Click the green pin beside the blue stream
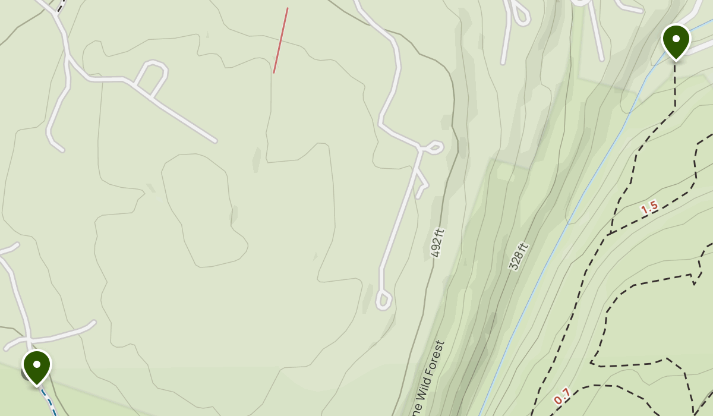point(676,40)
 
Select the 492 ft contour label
point(438,243)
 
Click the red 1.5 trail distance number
point(649,207)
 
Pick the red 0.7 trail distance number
point(562,395)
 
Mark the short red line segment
point(280,40)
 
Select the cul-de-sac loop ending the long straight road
point(383,301)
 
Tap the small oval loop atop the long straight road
point(434,147)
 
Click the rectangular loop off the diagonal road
point(152,75)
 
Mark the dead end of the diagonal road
point(214,140)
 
